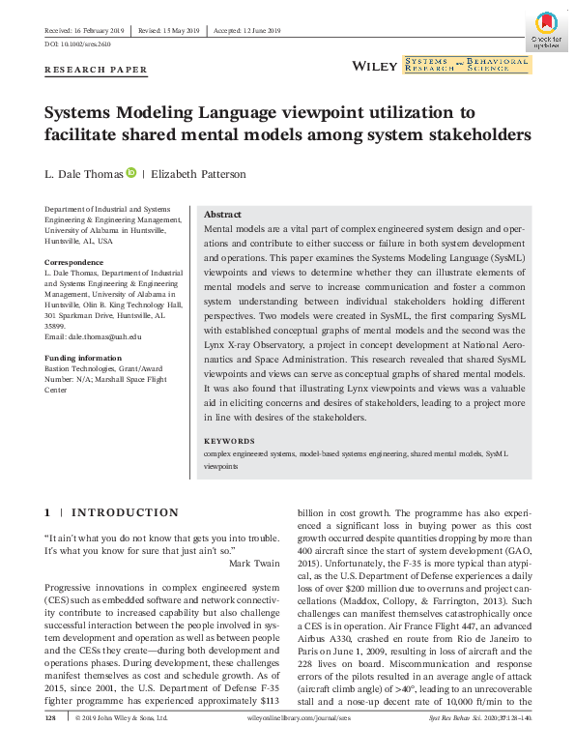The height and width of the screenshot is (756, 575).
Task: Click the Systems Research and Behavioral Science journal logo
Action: click(x=467, y=65)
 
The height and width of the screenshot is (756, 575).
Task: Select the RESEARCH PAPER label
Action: click(x=97, y=70)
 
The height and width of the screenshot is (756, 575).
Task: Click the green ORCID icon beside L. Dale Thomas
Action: click(x=131, y=173)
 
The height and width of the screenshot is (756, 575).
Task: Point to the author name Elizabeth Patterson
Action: click(x=200, y=174)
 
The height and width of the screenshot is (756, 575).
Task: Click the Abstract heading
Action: click(x=223, y=215)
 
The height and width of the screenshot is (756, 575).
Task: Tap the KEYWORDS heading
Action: click(x=229, y=440)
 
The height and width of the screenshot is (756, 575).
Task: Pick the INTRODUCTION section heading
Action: click(x=125, y=512)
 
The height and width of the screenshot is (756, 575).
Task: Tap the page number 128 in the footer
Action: click(x=52, y=719)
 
